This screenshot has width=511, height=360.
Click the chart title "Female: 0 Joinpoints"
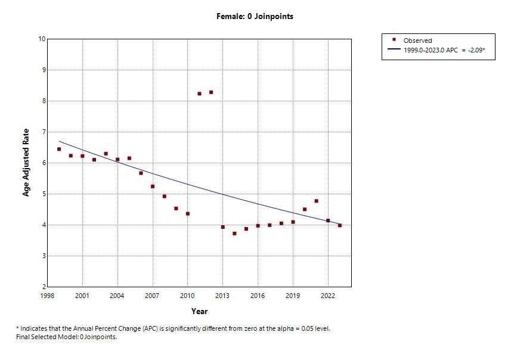tap(255, 17)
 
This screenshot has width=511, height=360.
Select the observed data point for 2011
tap(199, 94)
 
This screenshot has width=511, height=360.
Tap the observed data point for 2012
tap(211, 92)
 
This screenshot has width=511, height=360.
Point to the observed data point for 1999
tap(59, 149)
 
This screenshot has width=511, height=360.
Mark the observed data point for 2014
tap(234, 234)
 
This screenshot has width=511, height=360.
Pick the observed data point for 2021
tap(316, 201)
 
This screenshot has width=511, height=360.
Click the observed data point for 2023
tap(340, 225)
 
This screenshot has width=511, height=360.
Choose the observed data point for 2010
tap(188, 213)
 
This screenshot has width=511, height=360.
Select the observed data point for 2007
tap(153, 187)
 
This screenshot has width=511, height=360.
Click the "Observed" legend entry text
tap(417, 41)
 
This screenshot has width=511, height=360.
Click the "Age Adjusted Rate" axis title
tap(27, 163)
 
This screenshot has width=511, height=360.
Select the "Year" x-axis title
tap(199, 311)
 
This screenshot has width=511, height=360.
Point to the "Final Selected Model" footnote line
tap(66, 337)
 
